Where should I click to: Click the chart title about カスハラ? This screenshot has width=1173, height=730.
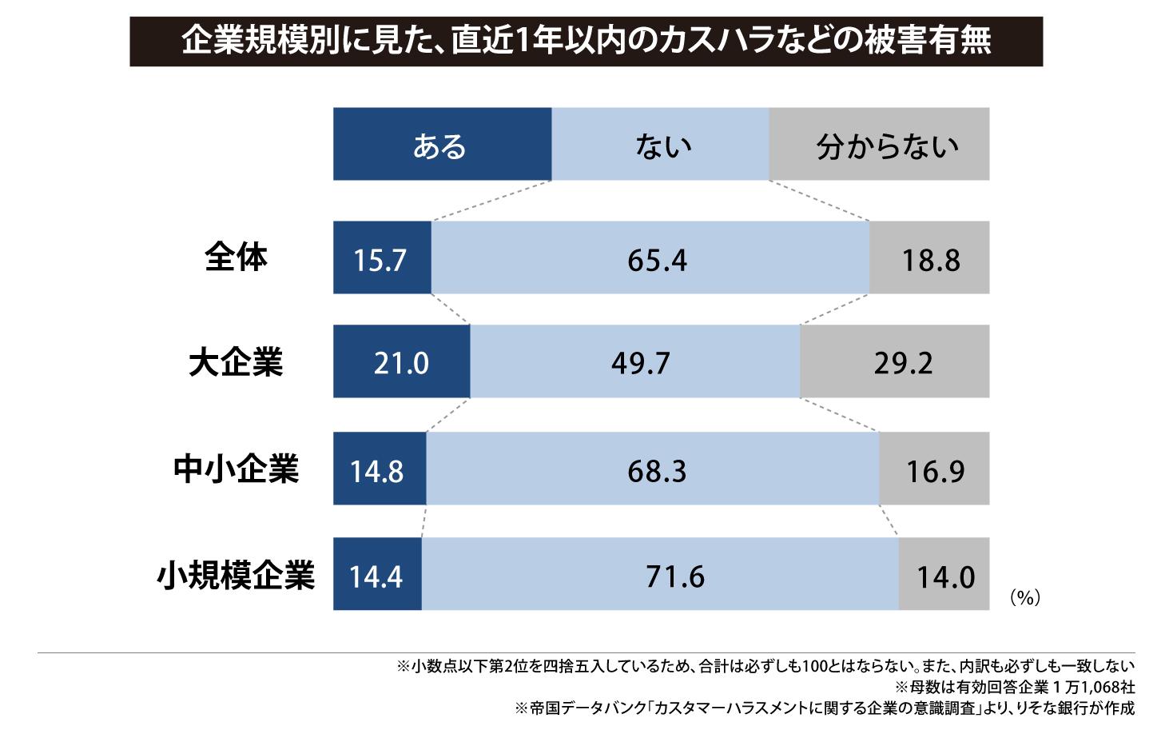pos(586,41)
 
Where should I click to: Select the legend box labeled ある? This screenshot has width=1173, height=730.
pos(442,144)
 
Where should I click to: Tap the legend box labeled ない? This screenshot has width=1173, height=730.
pos(660,144)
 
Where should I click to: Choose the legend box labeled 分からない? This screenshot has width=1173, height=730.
pos(879,144)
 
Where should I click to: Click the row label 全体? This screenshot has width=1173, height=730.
pos(236,257)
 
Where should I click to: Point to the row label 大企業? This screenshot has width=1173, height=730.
pos(236,362)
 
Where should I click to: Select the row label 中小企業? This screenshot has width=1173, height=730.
pos(236,469)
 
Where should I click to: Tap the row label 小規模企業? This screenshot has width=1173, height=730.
pos(236,574)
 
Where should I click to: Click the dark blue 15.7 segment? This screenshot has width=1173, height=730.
pos(382,258)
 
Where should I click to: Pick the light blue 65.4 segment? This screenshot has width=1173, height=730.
pos(650,258)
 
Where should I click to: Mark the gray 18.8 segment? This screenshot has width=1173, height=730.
pos(929,258)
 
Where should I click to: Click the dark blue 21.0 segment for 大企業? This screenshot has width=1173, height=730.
pos(401,362)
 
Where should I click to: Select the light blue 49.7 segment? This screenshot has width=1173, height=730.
pos(635,362)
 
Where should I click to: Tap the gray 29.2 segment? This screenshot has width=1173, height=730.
pos(895,362)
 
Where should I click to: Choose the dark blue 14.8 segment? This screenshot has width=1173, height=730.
pos(380,469)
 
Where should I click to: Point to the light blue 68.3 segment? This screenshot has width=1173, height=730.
pos(653,469)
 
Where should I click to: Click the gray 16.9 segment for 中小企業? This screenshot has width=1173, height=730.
pos(934,469)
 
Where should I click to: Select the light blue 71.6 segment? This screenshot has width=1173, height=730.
pos(660,575)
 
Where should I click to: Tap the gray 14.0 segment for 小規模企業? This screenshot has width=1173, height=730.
pos(944,575)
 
